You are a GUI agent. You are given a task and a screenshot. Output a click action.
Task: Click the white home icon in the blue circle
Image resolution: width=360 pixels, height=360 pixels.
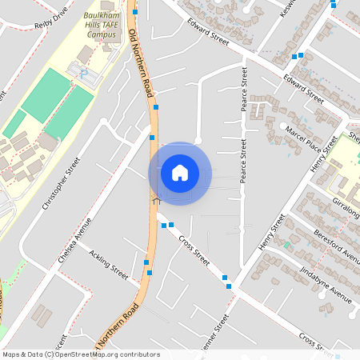(x=180, y=173)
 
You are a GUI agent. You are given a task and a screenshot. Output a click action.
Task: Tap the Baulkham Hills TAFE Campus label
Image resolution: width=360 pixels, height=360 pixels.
(x=106, y=24)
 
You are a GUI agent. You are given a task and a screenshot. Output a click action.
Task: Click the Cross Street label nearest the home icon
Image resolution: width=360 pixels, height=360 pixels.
(x=194, y=250)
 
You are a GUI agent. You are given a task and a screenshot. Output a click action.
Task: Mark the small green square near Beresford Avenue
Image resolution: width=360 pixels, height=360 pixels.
(x=286, y=245)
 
